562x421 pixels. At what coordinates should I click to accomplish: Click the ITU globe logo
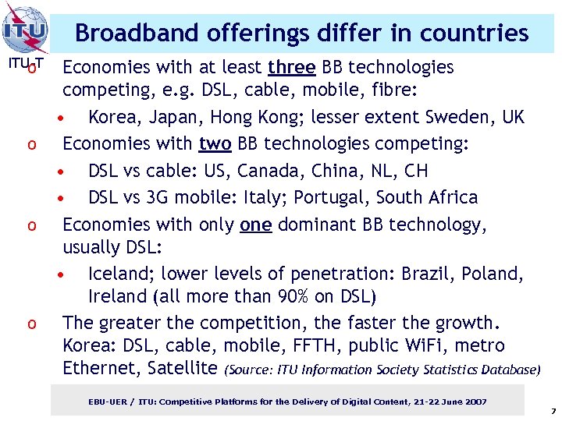pos(25,30)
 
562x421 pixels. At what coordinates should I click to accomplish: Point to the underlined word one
pos(256,225)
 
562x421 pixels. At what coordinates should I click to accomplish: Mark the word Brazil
pos(427,274)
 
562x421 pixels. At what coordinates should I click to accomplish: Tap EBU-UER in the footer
pos(108,402)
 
